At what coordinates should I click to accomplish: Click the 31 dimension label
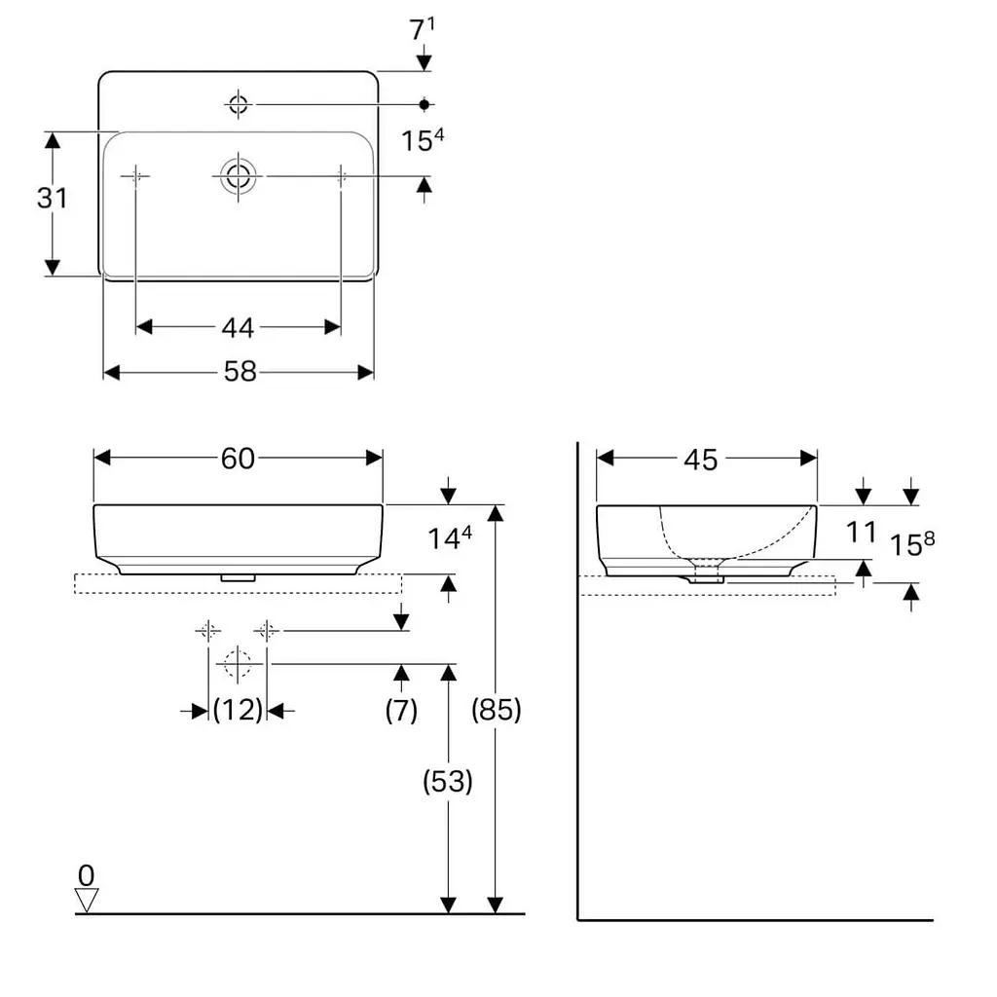tap(53, 198)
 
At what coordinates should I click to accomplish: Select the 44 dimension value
tap(238, 327)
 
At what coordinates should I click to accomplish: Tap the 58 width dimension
tap(240, 371)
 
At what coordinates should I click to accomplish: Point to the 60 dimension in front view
tap(238, 458)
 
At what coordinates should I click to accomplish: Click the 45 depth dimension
tap(701, 460)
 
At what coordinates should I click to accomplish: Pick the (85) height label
tap(496, 710)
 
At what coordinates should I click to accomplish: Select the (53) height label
tap(448, 781)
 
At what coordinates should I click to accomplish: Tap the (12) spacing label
tap(238, 710)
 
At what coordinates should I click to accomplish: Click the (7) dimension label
tap(401, 710)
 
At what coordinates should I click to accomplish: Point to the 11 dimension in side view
tap(862, 533)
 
